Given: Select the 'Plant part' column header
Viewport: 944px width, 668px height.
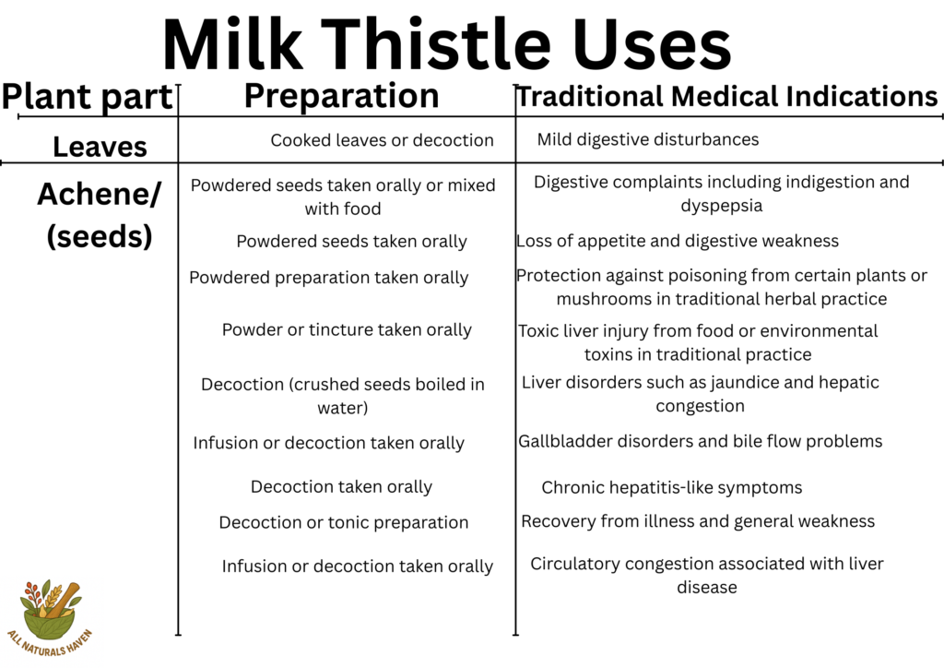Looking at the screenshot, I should coord(88,97).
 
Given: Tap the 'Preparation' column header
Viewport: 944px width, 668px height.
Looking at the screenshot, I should coord(341,96).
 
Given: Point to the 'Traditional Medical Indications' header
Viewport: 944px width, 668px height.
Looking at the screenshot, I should coord(726,96).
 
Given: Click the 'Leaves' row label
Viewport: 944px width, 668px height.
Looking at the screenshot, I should coord(100,147).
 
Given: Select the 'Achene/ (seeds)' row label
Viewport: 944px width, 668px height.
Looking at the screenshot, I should coord(100,215).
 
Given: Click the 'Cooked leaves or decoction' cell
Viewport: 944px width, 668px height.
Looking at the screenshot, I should coord(382,140).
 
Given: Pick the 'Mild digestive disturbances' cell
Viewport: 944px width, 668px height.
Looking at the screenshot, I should coord(648,139).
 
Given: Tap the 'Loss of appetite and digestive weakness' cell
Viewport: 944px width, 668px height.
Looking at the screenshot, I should coord(678,241).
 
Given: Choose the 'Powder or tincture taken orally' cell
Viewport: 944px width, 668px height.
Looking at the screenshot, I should coord(347,329).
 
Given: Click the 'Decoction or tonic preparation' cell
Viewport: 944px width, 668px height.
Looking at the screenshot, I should coord(344,522).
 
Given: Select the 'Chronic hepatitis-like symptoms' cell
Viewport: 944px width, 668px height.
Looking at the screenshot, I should coord(672,487).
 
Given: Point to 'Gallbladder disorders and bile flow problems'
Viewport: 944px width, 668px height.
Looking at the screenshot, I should coord(701,441).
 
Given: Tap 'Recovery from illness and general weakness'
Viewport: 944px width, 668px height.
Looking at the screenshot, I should coord(698,521).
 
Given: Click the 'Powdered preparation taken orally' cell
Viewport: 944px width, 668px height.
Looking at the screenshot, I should coord(329,278).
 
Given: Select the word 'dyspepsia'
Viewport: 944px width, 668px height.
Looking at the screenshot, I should coord(722,206).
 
